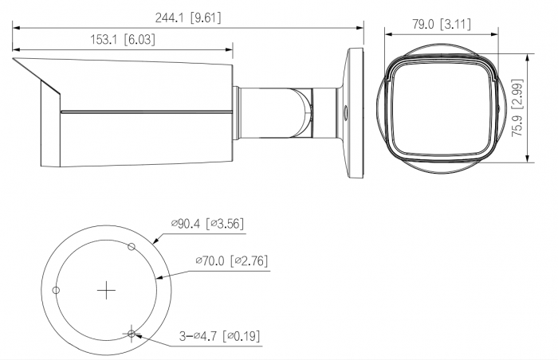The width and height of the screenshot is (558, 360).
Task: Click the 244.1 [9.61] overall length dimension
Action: tap(188, 18)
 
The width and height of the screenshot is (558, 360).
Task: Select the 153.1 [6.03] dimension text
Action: tap(123, 40)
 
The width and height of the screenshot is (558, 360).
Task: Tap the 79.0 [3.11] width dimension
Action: tap(442, 24)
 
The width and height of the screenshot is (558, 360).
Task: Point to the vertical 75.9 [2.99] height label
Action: tap(517, 108)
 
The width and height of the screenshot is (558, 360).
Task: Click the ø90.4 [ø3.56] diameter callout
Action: tap(207, 224)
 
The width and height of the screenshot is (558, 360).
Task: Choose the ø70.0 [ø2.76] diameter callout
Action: tap(231, 260)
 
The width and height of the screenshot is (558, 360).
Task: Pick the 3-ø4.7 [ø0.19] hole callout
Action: tap(219, 336)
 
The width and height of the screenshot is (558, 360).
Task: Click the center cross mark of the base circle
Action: tap(106, 291)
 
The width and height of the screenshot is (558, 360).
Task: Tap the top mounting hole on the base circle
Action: tap(132, 246)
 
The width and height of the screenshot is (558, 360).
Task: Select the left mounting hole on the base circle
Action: tap(56, 290)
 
